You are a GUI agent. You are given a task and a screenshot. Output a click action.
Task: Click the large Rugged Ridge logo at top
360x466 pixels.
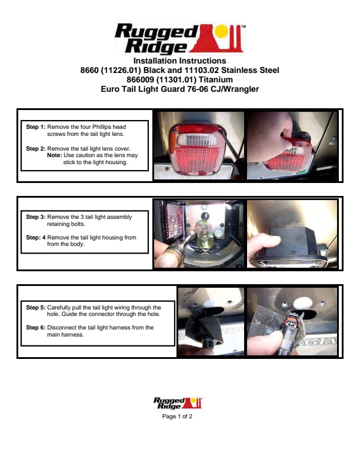[x=179, y=39]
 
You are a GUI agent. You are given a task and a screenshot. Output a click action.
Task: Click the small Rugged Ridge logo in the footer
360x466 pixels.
[x=178, y=403]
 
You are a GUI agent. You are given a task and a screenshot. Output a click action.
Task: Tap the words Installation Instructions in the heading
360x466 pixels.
[x=179, y=61]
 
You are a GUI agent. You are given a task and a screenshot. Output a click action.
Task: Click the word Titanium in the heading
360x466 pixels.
[x=216, y=79]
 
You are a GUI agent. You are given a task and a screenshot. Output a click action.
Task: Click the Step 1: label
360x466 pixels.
[x=36, y=127]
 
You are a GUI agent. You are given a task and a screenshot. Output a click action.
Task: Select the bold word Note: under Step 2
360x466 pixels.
[x=54, y=155]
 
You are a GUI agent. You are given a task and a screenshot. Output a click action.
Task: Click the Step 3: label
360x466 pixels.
[x=36, y=217]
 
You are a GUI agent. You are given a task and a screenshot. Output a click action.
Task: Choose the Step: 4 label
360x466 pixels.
[x=36, y=238]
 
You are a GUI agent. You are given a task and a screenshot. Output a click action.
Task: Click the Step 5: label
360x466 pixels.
[x=36, y=308]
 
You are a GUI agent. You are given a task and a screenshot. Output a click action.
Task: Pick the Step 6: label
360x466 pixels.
[x=36, y=328]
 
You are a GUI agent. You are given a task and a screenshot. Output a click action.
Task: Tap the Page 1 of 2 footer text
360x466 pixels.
[x=177, y=417]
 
